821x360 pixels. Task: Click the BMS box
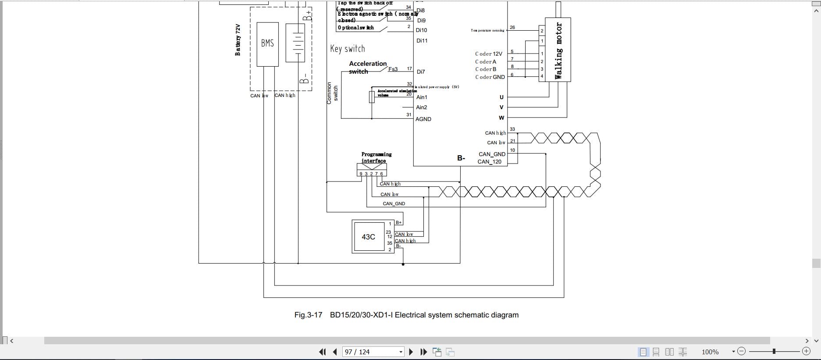pos(267,44)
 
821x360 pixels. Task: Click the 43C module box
pos(368,237)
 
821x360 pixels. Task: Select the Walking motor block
pos(558,50)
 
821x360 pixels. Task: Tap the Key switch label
pos(347,49)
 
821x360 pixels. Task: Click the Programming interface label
pos(376,157)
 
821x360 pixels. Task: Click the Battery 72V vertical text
pos(238,40)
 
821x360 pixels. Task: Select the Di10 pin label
pos(421,30)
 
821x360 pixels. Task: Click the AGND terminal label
pos(423,119)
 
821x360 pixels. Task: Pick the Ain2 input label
pos(421,107)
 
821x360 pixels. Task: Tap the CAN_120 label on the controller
pos(489,162)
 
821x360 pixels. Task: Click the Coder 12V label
pos(488,54)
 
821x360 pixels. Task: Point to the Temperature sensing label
pos(487,31)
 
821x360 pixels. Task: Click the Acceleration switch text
pos(367,67)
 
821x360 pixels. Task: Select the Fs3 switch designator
pos(393,69)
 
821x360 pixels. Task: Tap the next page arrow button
pos(411,352)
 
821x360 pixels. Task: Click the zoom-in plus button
pos(806,351)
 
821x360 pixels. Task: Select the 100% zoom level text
pos(710,352)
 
